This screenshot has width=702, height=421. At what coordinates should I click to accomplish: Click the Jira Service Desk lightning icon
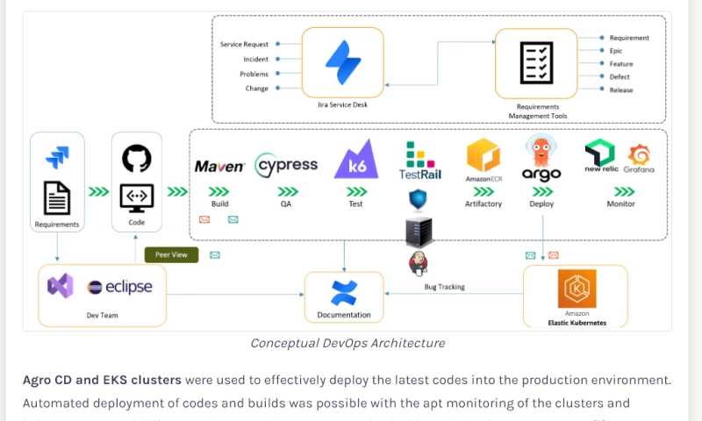click(343, 62)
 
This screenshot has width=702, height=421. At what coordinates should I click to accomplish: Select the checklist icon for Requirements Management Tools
click(535, 62)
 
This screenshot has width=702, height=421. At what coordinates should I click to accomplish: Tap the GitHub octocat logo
click(137, 159)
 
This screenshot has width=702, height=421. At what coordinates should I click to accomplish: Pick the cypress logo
click(286, 166)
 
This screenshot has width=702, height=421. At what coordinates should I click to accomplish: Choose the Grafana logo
click(639, 158)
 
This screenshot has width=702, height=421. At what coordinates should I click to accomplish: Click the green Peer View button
click(172, 255)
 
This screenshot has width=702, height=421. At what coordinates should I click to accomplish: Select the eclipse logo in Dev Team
click(120, 287)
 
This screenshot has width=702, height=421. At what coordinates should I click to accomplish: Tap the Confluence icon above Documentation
click(344, 292)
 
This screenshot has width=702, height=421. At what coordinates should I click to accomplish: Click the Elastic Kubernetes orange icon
click(577, 289)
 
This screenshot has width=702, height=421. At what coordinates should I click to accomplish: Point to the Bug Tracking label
click(444, 287)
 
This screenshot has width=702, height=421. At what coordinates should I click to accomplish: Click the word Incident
click(255, 59)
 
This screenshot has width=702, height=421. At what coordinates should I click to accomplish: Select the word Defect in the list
click(620, 77)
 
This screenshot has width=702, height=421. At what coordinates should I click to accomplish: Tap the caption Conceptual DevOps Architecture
click(347, 343)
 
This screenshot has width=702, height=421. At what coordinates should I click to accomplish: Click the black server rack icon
click(419, 232)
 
